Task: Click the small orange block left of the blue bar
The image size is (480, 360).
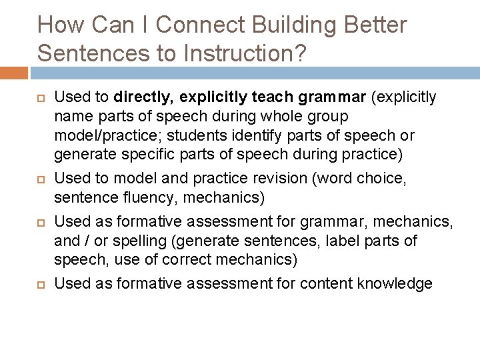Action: [x=13, y=72]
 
